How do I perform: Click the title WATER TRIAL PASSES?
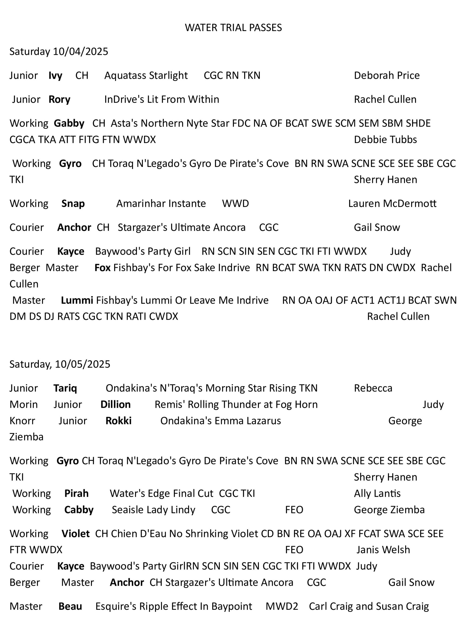(233, 28)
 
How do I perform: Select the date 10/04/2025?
(80, 52)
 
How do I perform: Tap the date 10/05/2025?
(83, 364)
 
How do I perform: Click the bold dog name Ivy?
(55, 76)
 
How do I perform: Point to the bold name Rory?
(59, 100)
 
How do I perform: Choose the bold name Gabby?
(69, 124)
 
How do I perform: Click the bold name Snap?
(73, 204)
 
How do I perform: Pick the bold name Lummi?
(77, 300)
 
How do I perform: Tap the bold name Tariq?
(65, 388)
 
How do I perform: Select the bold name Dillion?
(116, 405)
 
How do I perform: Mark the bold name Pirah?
(76, 493)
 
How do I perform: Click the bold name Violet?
(76, 534)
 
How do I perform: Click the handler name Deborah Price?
(387, 76)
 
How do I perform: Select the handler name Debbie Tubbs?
(385, 140)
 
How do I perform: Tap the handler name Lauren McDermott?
(392, 204)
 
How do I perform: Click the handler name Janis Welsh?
(383, 550)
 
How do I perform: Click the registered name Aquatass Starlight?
(146, 76)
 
